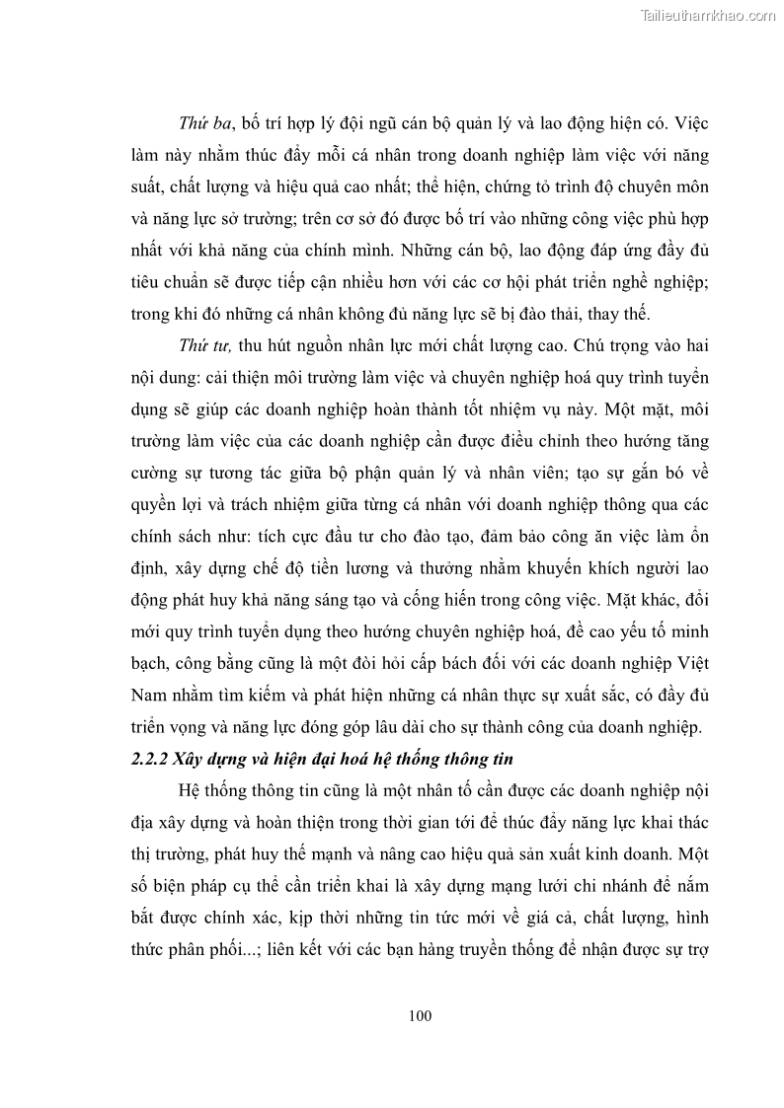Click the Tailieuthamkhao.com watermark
709,15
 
